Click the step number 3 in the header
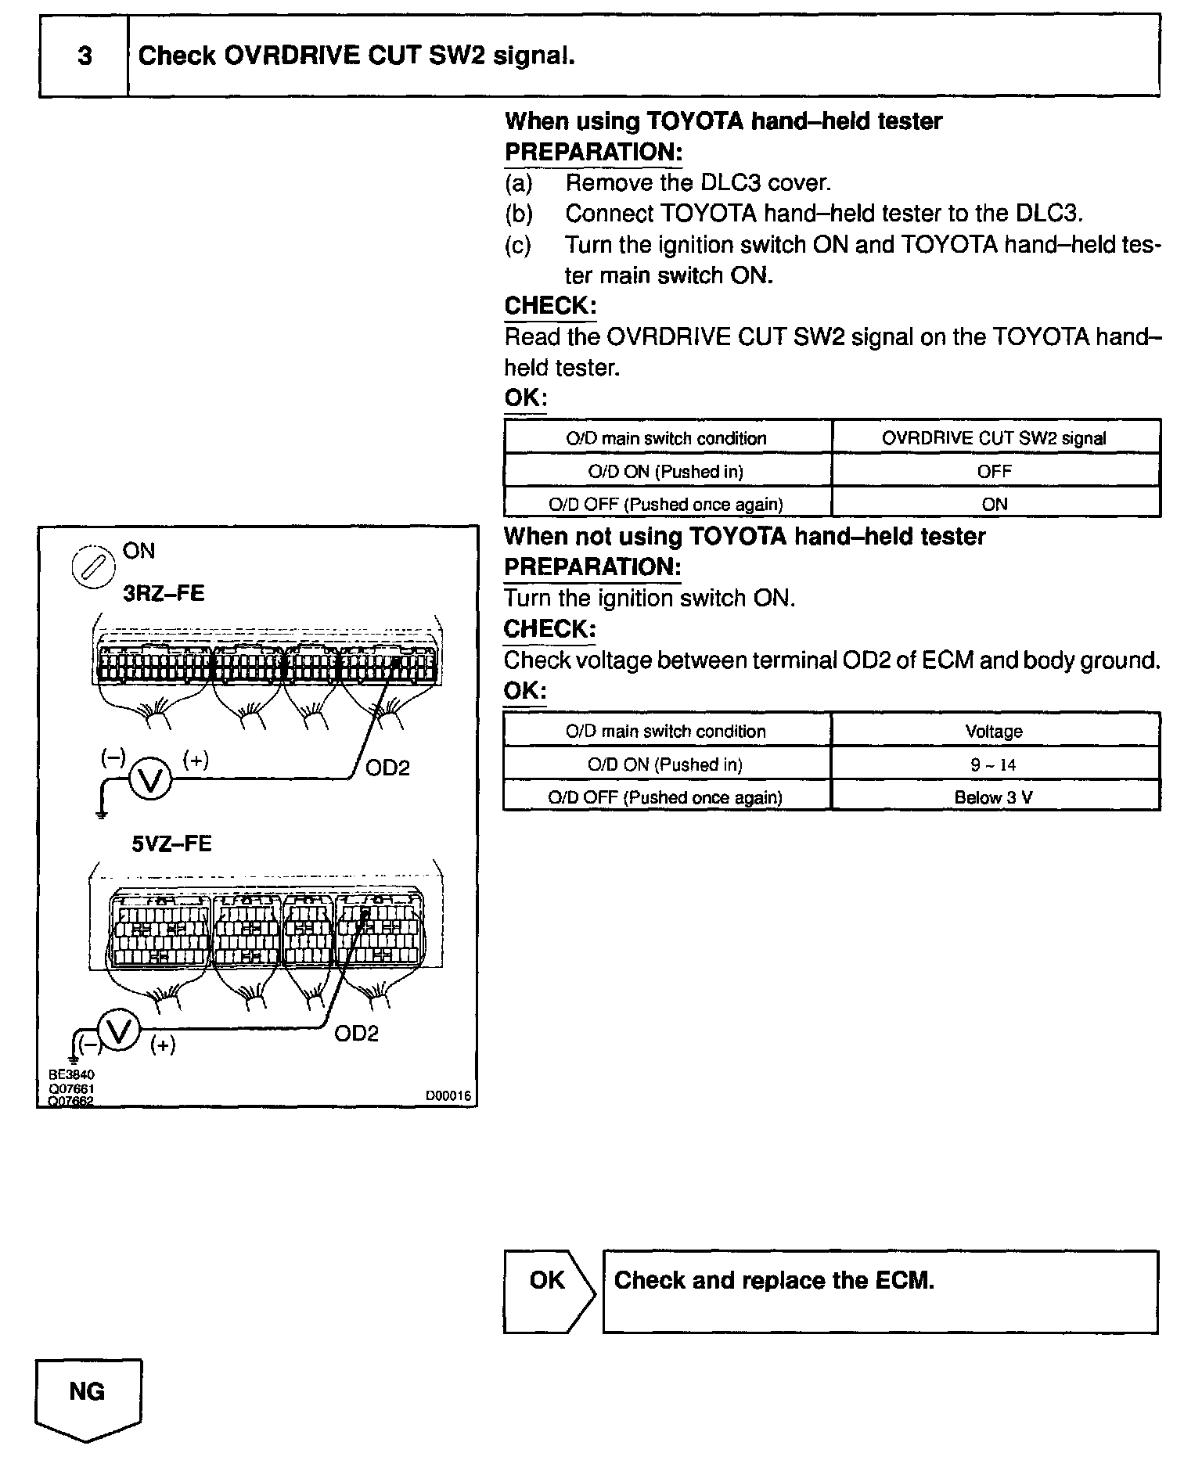(x=85, y=56)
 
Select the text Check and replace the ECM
(x=774, y=1280)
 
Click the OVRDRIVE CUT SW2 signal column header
(x=994, y=438)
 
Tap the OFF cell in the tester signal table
(x=994, y=471)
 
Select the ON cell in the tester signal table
(x=994, y=504)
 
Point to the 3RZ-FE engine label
(x=164, y=593)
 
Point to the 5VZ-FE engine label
(x=171, y=843)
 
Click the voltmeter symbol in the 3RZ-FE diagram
(x=149, y=779)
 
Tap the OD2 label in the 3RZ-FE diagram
(x=387, y=768)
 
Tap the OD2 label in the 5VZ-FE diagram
(x=356, y=1034)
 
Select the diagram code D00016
(x=448, y=1096)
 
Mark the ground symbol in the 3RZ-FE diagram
(x=101, y=813)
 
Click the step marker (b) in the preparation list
(x=518, y=214)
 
